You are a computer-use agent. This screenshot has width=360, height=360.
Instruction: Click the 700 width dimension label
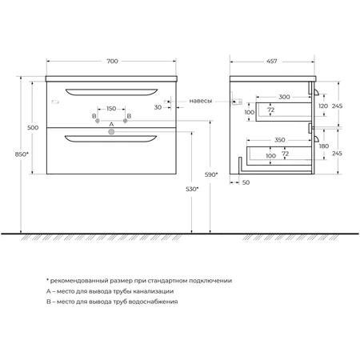point(112,61)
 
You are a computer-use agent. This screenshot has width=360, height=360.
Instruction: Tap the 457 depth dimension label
point(272,61)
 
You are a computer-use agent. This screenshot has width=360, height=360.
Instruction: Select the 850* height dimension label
point(22,154)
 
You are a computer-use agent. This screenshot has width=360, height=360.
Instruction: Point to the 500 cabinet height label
point(33,127)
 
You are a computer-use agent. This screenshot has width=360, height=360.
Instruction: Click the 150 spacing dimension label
point(111,108)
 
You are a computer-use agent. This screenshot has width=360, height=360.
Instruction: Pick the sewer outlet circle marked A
point(111,132)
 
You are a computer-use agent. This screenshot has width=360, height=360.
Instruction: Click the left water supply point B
point(98,121)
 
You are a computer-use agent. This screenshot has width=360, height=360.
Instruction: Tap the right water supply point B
point(126,121)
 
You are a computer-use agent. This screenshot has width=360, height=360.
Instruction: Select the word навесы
point(201,101)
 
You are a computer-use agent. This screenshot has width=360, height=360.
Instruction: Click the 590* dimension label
point(211,174)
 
